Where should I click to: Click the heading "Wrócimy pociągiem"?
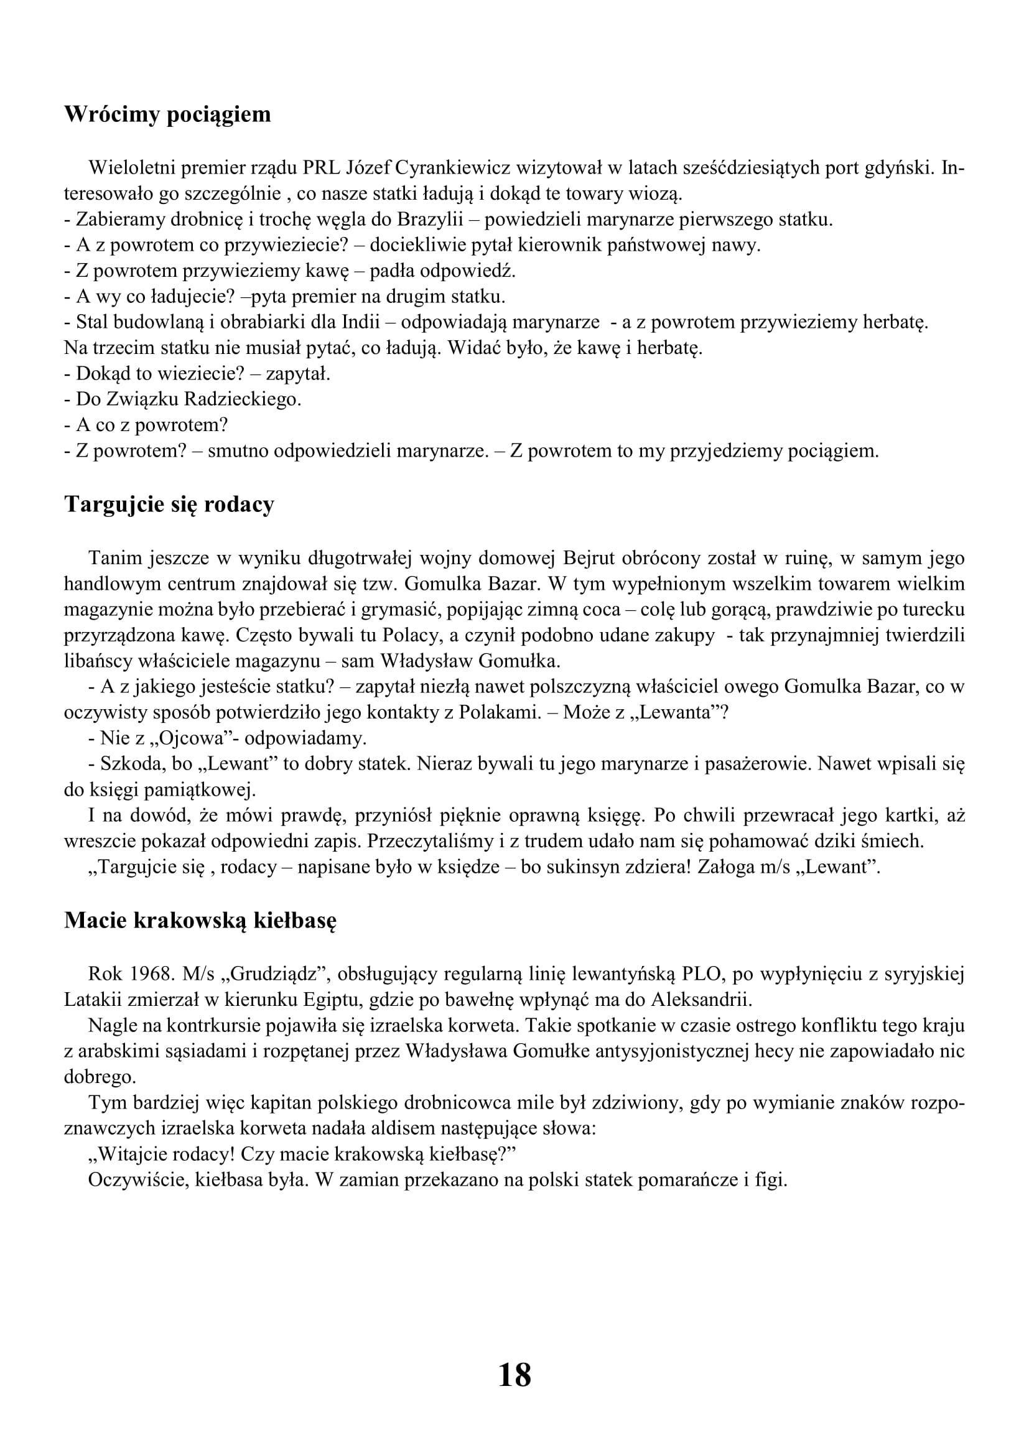[x=167, y=114]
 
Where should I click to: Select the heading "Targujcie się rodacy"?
[x=169, y=504]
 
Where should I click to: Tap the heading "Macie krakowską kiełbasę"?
[x=200, y=920]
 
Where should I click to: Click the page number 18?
[x=514, y=1376]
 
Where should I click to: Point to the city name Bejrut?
[x=589, y=558]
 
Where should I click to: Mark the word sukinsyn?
[x=573, y=867]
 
